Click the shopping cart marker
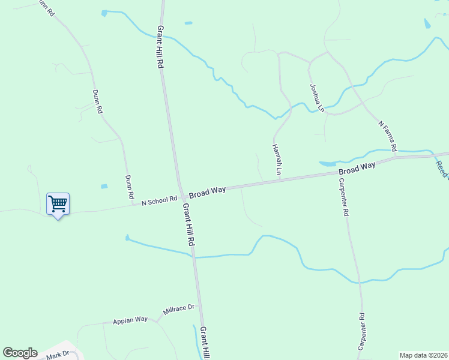coord(58,204)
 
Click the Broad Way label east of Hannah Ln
coord(357,168)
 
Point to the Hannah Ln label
coord(277,160)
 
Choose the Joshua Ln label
coord(316,98)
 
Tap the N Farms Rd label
coord(388,136)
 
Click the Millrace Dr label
coord(179,310)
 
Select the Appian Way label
coord(130,320)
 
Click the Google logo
coord(20,353)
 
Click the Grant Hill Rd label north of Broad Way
coord(160,46)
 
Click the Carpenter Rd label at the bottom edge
coord(362,332)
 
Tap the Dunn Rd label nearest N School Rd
coord(128,187)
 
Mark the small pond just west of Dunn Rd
coord(104,187)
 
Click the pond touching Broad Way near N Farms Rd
coord(328,163)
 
